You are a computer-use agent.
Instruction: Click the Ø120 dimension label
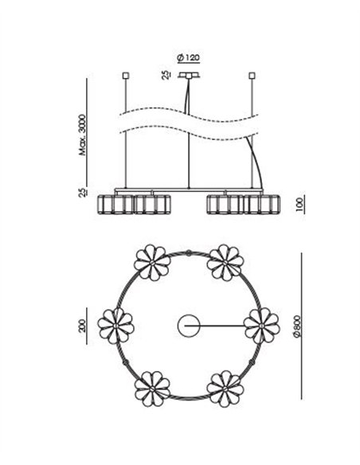[x=188, y=57]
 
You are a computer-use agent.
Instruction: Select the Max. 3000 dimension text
[x=83, y=135]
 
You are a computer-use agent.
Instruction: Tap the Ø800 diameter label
[x=296, y=326]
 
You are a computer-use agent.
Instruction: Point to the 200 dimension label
[x=83, y=326]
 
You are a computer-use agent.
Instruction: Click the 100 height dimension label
[x=299, y=205]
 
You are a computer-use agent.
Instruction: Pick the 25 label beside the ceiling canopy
[x=166, y=75]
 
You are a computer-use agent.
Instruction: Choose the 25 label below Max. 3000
[x=83, y=192]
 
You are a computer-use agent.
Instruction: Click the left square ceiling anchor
[x=126, y=76]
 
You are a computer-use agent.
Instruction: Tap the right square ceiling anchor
[x=252, y=76]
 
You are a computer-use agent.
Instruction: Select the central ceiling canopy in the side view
[x=189, y=76]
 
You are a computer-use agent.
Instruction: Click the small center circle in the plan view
[x=189, y=326]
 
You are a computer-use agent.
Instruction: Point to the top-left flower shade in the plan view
[x=152, y=263]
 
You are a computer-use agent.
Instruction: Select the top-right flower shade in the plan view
[x=225, y=263]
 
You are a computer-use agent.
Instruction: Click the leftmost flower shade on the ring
[x=115, y=326]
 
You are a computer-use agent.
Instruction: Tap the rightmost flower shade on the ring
[x=261, y=326]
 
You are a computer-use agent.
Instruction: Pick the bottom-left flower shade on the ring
[x=152, y=389]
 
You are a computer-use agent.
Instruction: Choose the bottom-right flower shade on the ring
[x=225, y=389]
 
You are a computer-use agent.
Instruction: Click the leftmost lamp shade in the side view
[x=115, y=205]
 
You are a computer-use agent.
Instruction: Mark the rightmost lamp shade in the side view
[x=261, y=205]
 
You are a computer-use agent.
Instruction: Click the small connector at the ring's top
[x=189, y=252]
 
